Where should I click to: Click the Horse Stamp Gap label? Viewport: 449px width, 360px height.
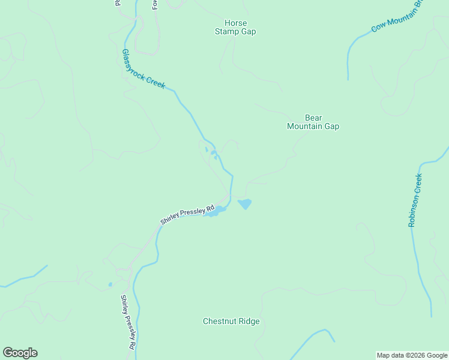point(235,28)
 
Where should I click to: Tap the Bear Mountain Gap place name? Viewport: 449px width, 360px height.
point(313,122)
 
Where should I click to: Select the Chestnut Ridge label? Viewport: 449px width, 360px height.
point(231,321)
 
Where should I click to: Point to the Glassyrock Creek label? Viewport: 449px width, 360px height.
point(143,69)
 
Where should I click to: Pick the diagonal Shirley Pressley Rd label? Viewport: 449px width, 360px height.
point(187,215)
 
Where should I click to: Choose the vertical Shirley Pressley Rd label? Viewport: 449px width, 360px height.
point(127,322)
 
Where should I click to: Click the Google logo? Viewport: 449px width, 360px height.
point(20,353)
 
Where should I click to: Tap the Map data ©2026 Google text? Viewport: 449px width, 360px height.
point(412,355)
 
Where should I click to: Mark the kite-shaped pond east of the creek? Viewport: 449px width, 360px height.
point(245,204)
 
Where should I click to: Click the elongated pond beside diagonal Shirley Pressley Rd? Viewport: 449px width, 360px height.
point(215,211)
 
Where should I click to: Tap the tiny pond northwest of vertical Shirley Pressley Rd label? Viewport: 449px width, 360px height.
point(110,284)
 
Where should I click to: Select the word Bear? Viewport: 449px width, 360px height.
point(313,118)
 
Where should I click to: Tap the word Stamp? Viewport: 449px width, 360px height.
point(226,32)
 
